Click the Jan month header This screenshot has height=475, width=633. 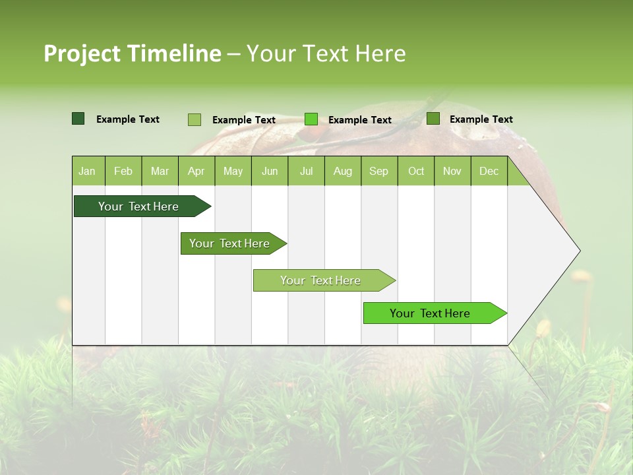click(x=87, y=172)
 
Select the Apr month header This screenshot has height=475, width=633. click(x=196, y=172)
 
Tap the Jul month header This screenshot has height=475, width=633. click(x=306, y=172)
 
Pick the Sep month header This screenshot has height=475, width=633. click(x=378, y=172)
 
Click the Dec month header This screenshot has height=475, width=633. click(x=489, y=172)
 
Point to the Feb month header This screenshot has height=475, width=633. click(x=123, y=172)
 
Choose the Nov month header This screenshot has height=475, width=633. click(x=452, y=172)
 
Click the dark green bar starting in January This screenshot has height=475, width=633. click(x=138, y=206)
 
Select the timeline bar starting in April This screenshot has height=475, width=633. click(x=229, y=243)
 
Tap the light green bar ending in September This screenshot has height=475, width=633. click(x=320, y=280)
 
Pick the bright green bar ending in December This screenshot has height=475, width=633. click(x=430, y=313)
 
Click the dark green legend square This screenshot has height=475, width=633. click(x=78, y=119)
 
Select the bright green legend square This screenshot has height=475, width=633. click(x=311, y=119)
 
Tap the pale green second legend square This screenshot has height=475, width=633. click(x=195, y=119)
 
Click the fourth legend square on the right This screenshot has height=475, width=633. click(x=433, y=119)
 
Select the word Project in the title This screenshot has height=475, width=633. click(x=82, y=53)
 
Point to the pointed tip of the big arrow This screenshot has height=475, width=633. click(x=578, y=251)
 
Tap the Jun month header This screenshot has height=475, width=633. click(x=269, y=172)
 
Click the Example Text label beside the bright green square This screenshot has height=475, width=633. click(x=359, y=120)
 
